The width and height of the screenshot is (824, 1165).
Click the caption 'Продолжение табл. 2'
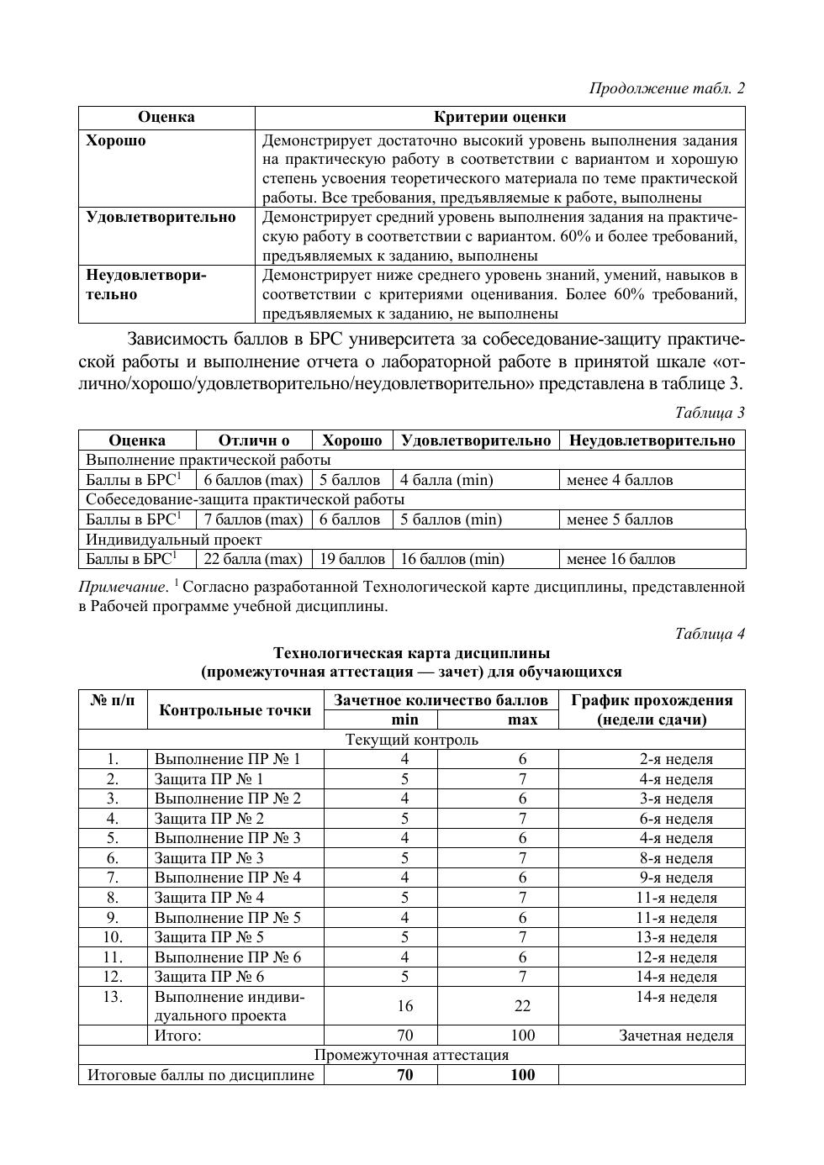tap(667, 88)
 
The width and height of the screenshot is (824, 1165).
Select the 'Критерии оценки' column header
tap(499, 117)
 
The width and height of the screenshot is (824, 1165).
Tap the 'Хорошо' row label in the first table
tap(116, 140)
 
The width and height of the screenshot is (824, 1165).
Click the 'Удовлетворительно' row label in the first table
tap(161, 217)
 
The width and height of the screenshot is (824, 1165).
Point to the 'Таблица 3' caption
tap(710, 413)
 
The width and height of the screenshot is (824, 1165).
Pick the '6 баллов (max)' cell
tap(253, 480)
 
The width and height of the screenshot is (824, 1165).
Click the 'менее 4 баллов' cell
tap(620, 480)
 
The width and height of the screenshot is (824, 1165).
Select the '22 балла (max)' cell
tap(253, 559)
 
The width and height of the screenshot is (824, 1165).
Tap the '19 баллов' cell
tap(351, 559)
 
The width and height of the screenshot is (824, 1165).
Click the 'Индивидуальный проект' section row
tap(174, 540)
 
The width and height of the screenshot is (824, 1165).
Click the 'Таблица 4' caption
tap(710, 634)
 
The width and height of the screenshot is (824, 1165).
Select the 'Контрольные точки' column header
tap(235, 710)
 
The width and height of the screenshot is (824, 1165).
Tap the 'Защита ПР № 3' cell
tap(209, 858)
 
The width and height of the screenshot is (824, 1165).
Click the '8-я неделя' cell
tap(676, 858)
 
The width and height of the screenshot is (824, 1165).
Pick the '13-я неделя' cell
tap(676, 937)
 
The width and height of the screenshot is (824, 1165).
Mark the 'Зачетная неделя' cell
tap(676, 1036)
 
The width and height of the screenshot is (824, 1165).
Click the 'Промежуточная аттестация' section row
tap(411, 1055)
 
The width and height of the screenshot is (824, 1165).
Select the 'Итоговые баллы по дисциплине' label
tap(201, 1074)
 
